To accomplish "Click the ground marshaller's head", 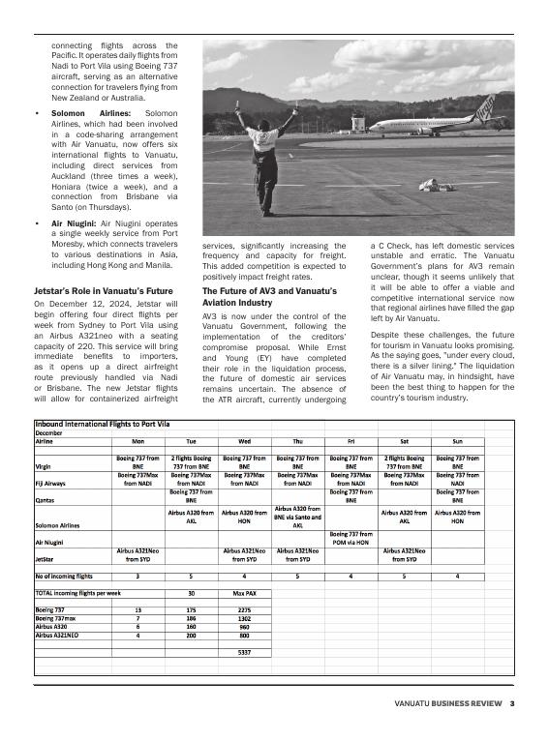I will tap(262, 126).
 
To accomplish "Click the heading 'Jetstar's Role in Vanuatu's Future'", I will tap(103, 290).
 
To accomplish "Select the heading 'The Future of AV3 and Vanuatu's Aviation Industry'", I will tap(269, 296).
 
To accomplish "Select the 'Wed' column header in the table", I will tap(244, 441).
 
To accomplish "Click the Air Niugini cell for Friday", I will tap(351, 538).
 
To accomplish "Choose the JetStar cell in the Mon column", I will tap(137, 554).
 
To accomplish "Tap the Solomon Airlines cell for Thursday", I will tap(297, 517).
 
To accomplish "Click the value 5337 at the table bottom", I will tap(244, 652).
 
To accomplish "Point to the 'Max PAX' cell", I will tap(244, 592).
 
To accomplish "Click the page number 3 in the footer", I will tap(512, 703).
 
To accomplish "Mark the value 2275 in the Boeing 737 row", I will tap(244, 610).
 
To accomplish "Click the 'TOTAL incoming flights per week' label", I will tap(77, 592).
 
